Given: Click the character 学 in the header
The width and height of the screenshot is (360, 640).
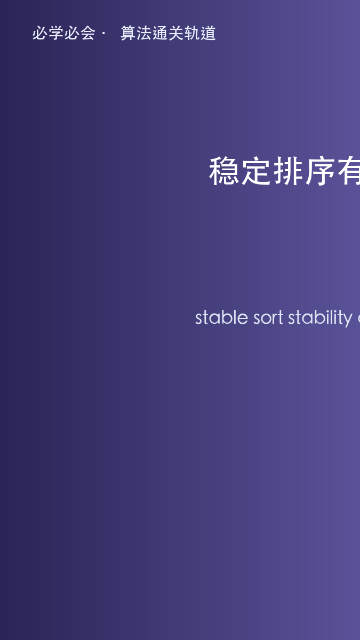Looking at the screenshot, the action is pyautogui.click(x=56, y=33).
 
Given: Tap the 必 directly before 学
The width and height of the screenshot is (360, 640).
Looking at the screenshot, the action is pyautogui.click(x=40, y=33).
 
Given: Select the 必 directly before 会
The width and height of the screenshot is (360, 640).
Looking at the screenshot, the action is pyautogui.click(x=71, y=33).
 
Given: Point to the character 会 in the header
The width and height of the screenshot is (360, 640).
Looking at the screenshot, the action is pyautogui.click(x=87, y=33).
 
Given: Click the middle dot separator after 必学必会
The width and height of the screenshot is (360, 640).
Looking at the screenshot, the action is pyautogui.click(x=103, y=34).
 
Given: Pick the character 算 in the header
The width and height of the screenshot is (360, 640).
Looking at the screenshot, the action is pyautogui.click(x=129, y=33).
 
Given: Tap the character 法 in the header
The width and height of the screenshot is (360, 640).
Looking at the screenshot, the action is pyautogui.click(x=145, y=33).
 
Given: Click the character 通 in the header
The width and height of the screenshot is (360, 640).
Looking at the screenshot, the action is pyautogui.click(x=161, y=33).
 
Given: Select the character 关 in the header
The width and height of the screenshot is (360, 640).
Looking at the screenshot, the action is pyautogui.click(x=176, y=33).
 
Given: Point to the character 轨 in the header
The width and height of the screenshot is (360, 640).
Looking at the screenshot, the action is pyautogui.click(x=192, y=33).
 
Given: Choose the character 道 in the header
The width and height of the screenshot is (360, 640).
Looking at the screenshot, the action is pyautogui.click(x=208, y=33).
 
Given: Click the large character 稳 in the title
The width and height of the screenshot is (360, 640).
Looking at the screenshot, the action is pyautogui.click(x=224, y=171).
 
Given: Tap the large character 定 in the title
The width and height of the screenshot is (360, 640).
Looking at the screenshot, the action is pyautogui.click(x=257, y=171).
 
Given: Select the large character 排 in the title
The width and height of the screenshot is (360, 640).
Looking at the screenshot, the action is pyautogui.click(x=289, y=171).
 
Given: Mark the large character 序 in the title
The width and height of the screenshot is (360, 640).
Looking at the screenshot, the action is pyautogui.click(x=321, y=171).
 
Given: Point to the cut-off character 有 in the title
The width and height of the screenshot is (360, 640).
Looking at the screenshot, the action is pyautogui.click(x=349, y=171).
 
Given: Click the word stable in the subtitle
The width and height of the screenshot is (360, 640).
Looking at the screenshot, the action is pyautogui.click(x=222, y=317).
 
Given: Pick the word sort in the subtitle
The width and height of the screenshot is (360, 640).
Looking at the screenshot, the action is pyautogui.click(x=268, y=318).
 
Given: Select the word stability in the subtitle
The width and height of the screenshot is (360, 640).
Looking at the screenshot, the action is pyautogui.click(x=321, y=318).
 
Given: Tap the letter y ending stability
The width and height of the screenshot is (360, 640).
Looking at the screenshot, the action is pyautogui.click(x=348, y=320).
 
